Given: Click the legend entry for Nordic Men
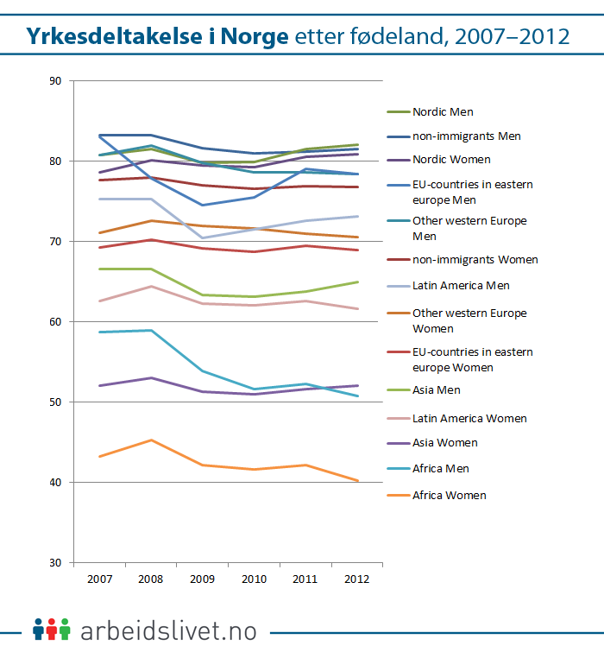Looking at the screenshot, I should pos(443,112).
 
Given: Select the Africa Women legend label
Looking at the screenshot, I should pos(449,496).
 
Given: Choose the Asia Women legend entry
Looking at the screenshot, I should pos(444,443).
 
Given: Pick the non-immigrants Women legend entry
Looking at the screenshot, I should pos(475,260).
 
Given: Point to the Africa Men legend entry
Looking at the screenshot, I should pos(441,469).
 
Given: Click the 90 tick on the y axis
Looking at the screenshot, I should pos(56,81).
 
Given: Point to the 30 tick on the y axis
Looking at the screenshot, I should pos(56,562).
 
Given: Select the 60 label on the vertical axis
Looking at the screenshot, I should pos(56,321).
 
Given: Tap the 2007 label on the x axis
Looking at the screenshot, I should pos(99,578).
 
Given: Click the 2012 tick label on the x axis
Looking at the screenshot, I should pos(356,578).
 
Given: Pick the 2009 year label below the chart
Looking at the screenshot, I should pos(202,578).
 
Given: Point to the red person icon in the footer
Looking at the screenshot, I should pos(52,629).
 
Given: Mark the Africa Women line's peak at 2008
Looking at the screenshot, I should pos(151,440).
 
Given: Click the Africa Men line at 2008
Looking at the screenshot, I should pos(151,330).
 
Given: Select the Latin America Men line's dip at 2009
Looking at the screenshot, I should pos(203,237).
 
